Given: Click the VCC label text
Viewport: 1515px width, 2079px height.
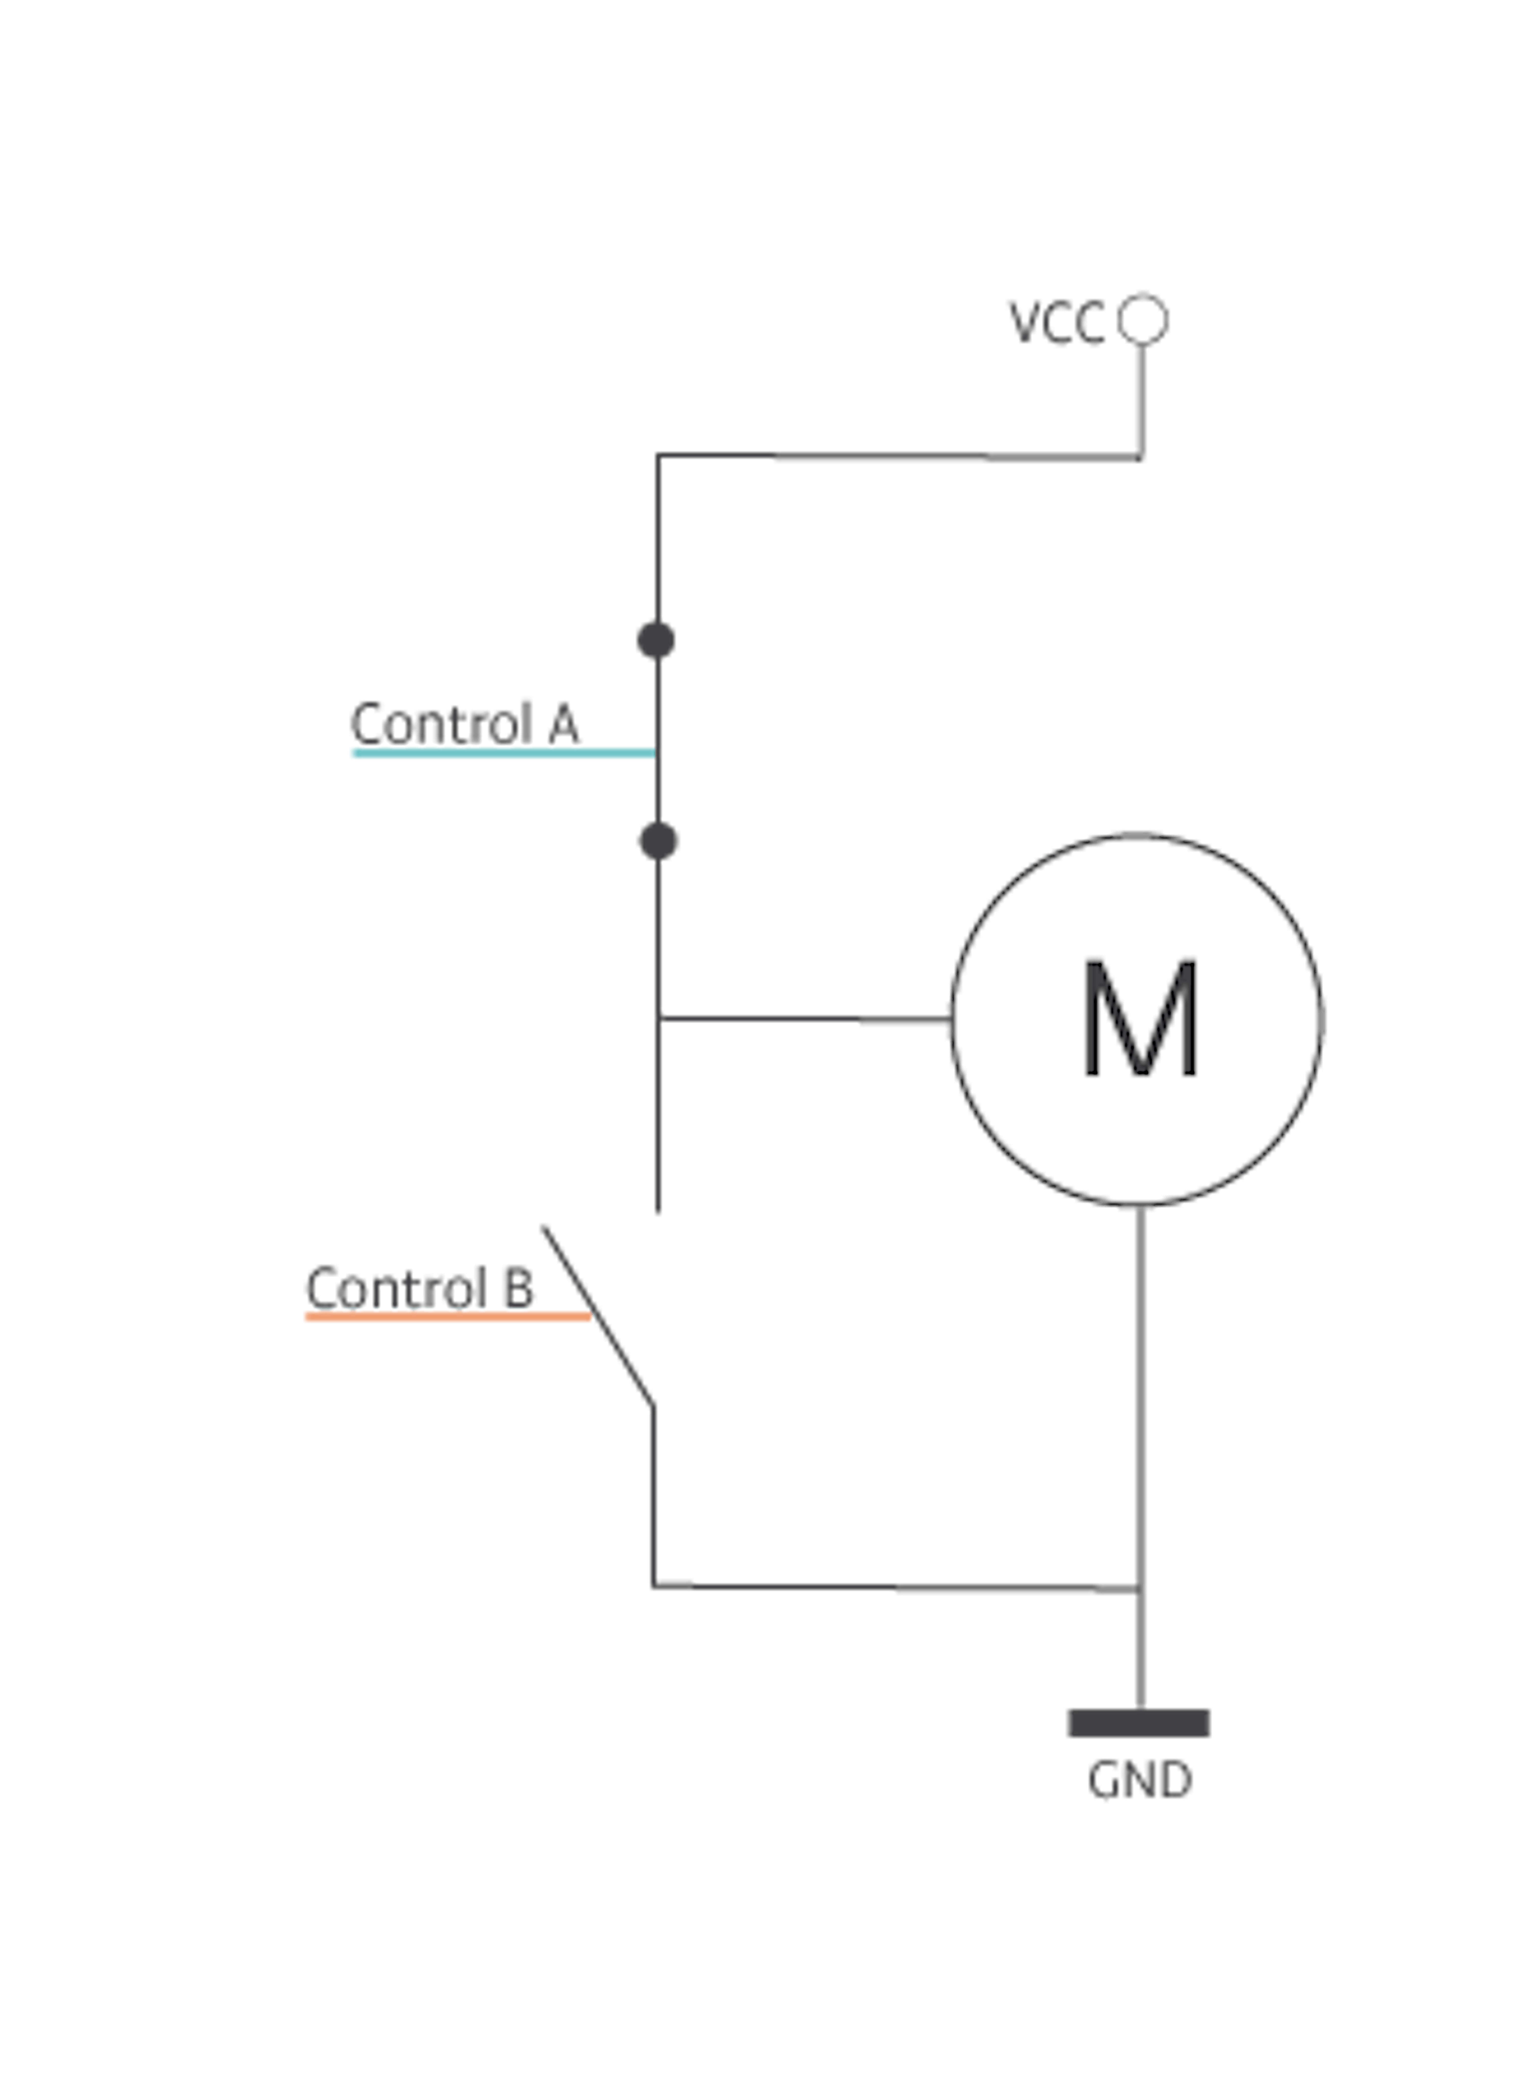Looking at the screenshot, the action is coord(1057,323).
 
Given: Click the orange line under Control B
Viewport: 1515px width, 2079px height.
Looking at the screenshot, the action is coord(448,1316).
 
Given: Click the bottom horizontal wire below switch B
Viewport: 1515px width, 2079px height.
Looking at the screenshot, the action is coord(896,1587).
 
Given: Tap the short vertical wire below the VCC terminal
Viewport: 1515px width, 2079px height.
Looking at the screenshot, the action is coord(1143,401).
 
